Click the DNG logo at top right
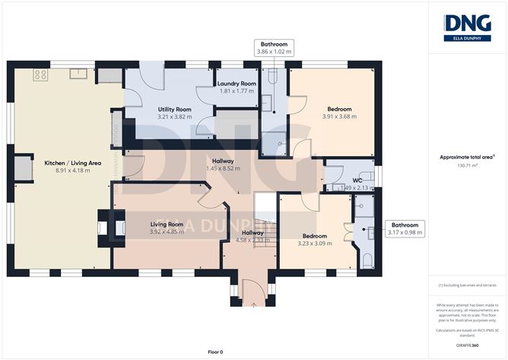pyautogui.click(x=468, y=28)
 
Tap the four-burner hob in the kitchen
pyautogui.click(x=40, y=75)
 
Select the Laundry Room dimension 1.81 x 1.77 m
pyautogui.click(x=237, y=91)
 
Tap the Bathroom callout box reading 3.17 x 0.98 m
pyautogui.click(x=405, y=228)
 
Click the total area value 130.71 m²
pyautogui.click(x=467, y=165)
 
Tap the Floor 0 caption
pyautogui.click(x=217, y=352)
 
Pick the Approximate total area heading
pyautogui.click(x=467, y=157)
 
